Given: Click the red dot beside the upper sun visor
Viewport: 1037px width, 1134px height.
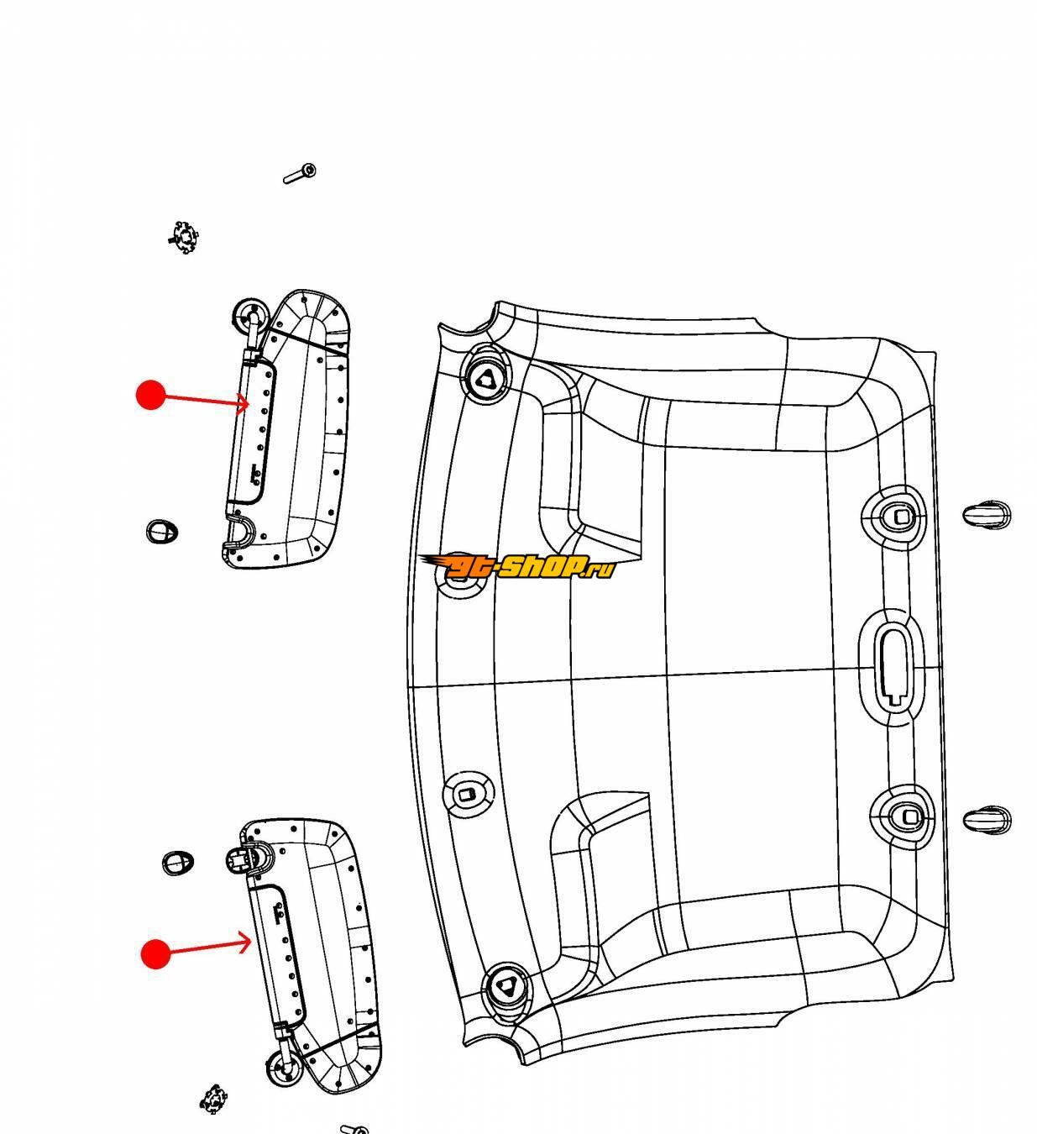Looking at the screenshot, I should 150,395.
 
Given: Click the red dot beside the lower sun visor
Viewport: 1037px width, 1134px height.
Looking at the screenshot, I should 155,953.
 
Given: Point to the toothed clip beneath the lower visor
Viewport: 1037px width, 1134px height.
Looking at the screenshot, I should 214,1099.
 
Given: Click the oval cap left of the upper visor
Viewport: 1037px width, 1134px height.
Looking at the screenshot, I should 162,531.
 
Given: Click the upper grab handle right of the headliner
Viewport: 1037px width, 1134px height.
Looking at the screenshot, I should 987,513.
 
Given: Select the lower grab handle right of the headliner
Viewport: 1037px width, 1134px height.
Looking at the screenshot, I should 987,820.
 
